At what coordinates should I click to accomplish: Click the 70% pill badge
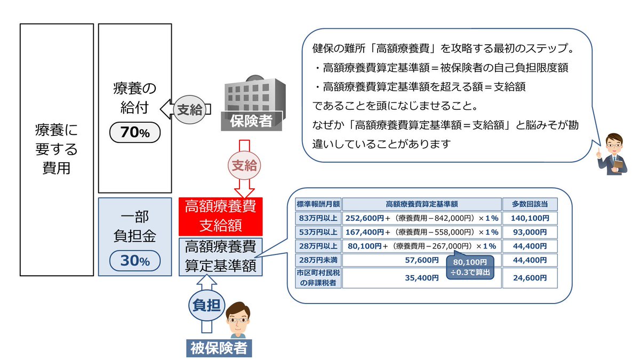tap(135, 132)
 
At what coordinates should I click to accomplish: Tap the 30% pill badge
tap(135, 261)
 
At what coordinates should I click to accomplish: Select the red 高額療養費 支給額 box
tap(220, 217)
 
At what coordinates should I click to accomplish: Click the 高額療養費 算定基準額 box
tap(220, 257)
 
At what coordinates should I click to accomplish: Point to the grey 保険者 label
tap(251, 121)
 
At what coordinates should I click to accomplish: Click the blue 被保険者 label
tap(219, 348)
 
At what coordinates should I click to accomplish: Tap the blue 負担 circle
tap(206, 305)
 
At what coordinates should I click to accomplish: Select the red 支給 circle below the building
tap(244, 165)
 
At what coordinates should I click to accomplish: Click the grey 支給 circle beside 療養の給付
tap(190, 109)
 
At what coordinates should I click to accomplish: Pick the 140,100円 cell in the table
tap(530, 218)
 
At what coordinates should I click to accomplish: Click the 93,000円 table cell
tap(530, 232)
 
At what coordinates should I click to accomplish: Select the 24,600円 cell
tap(530, 278)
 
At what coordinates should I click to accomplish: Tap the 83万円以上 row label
tap(318, 218)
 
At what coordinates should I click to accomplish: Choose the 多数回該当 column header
tap(530, 204)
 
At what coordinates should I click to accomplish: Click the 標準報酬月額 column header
tap(318, 204)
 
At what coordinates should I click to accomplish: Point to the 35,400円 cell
tap(422, 278)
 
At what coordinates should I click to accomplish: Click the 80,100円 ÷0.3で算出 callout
tap(470, 267)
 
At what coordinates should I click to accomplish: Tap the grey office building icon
tap(255, 94)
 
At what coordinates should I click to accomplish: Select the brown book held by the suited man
tap(618, 165)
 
